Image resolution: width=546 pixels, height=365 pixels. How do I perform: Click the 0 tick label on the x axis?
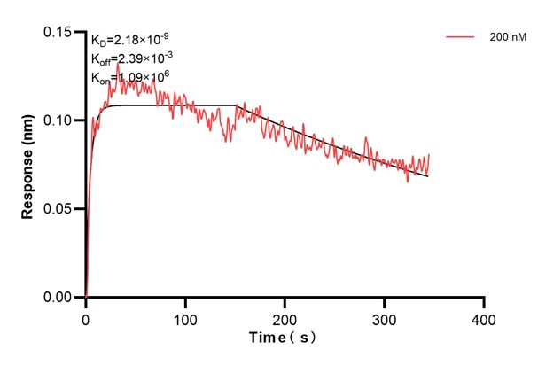pos(86,317)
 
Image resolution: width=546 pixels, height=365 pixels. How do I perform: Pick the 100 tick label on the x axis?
pos(185,317)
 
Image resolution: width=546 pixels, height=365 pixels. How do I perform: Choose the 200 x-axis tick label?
pos(285,317)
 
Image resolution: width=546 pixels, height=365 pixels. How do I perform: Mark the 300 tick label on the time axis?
pos(384,317)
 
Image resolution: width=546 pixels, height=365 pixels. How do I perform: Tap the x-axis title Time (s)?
pos(281,338)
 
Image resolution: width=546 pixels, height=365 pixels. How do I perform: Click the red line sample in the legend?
pos(460,37)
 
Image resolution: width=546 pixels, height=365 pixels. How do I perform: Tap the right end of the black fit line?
pos(428,176)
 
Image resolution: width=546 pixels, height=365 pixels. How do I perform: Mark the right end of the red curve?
pos(430,155)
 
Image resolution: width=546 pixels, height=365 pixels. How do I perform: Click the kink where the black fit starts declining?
pos(238,105)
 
